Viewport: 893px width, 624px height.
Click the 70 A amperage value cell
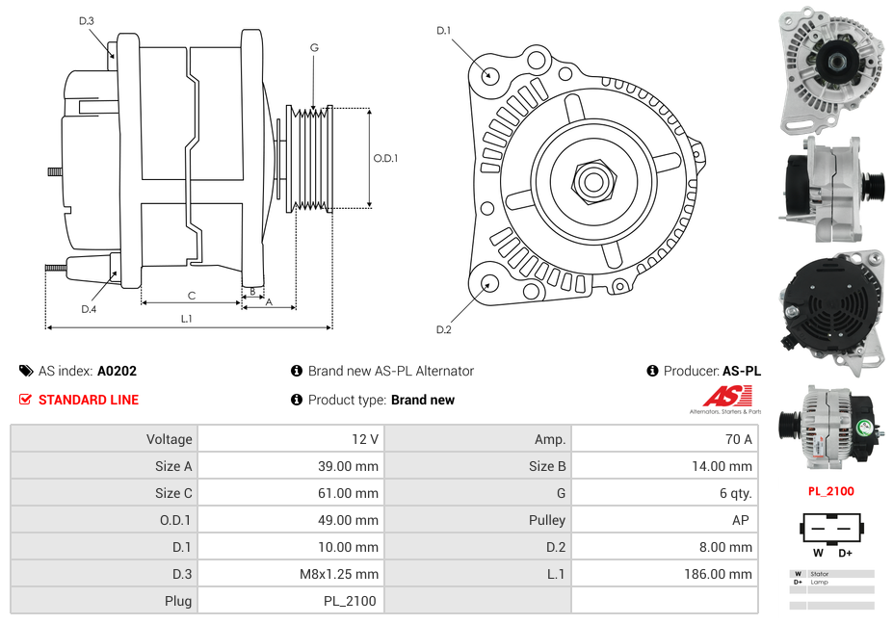pos(738,439)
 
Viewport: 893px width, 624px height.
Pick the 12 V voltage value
pos(365,439)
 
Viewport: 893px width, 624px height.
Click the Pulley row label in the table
pos(547,520)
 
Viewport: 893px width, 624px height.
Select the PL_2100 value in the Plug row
pos(350,601)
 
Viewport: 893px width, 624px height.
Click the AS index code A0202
pos(117,371)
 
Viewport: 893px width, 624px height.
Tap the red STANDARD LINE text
pos(88,400)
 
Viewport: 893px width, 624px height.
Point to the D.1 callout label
pos(443,31)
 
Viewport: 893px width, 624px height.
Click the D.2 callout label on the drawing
pos(443,330)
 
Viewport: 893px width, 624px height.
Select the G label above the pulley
pos(314,47)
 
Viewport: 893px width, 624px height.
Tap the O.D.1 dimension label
pos(385,159)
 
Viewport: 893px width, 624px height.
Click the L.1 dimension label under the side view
pos(186,318)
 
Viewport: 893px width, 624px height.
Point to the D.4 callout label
pos(89,309)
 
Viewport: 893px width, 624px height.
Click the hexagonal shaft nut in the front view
pos(592,179)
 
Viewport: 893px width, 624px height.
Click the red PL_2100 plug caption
pos(830,491)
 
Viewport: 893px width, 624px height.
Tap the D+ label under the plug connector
pos(845,553)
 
